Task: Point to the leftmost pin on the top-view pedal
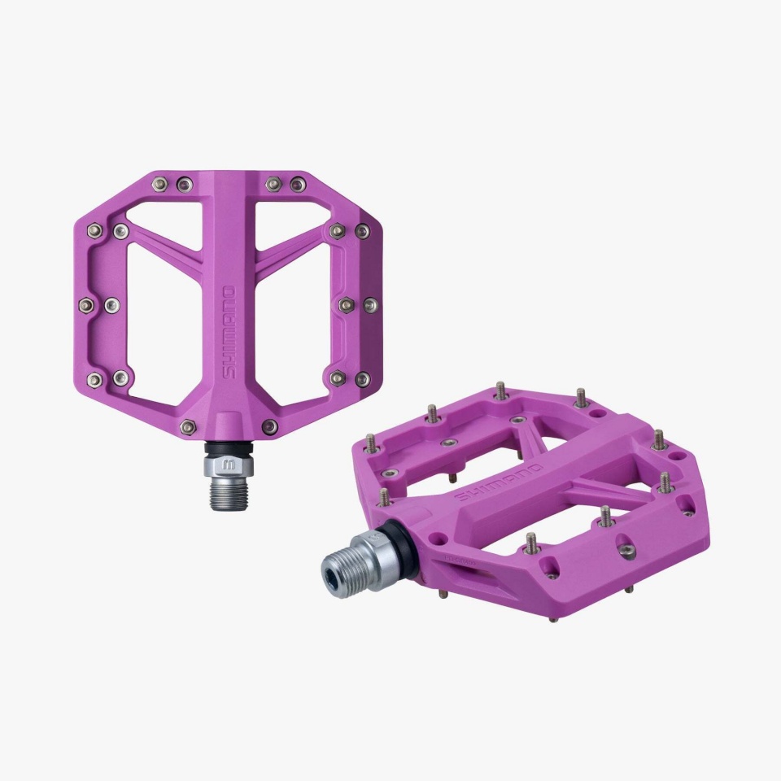[86, 305]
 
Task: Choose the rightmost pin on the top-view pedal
[370, 305]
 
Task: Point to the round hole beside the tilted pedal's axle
[440, 539]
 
